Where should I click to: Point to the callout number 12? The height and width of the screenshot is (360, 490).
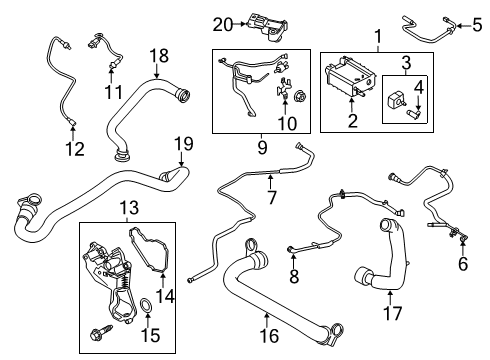(69, 151)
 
